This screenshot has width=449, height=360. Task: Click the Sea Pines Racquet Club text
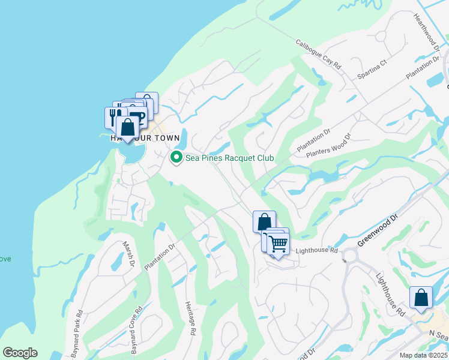pyautogui.click(x=230, y=158)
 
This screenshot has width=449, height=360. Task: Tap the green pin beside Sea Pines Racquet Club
pyautogui.click(x=176, y=158)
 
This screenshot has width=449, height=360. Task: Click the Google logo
pyautogui.click(x=20, y=353)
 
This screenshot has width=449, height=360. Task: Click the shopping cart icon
pyautogui.click(x=279, y=244)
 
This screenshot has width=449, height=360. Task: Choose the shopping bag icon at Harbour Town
pyautogui.click(x=128, y=127)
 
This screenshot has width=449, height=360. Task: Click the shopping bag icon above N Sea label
pyautogui.click(x=421, y=297)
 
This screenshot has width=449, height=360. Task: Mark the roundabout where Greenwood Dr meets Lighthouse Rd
pyautogui.click(x=350, y=256)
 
